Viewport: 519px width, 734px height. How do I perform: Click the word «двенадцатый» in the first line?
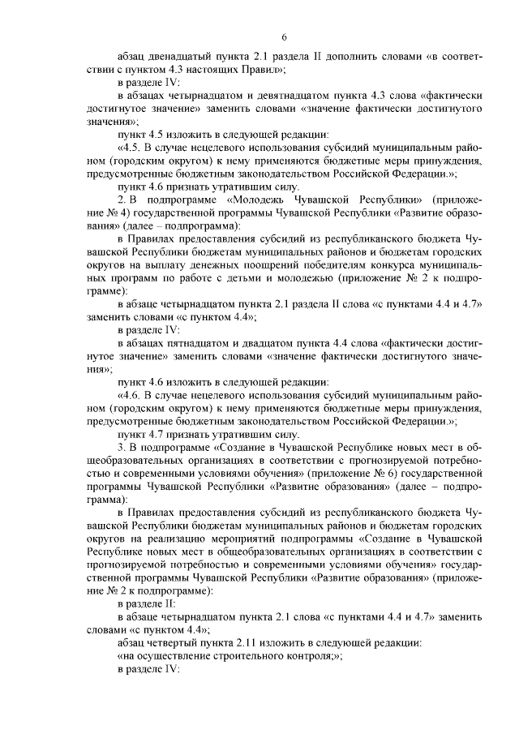178,58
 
